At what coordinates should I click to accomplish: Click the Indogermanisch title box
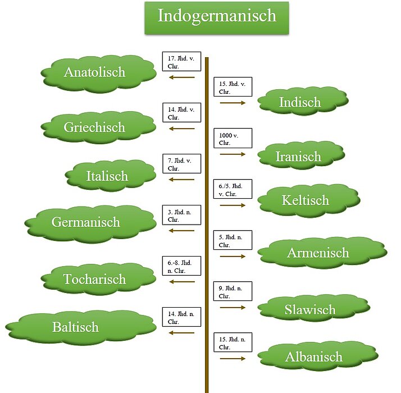click(217, 16)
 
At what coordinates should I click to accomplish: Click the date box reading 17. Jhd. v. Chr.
click(181, 62)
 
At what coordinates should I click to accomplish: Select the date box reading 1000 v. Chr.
click(233, 138)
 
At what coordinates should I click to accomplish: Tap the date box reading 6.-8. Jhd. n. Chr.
click(181, 265)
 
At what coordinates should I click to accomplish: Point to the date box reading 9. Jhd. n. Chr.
click(233, 291)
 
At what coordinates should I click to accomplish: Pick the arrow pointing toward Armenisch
click(233, 256)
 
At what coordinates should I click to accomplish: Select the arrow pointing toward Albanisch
click(233, 358)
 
